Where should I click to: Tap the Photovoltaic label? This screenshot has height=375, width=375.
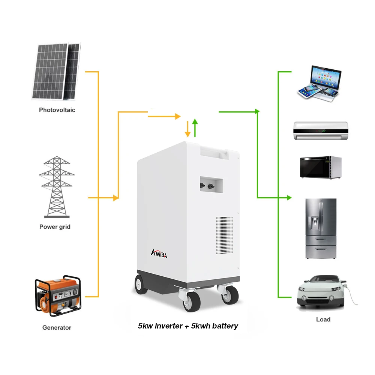tap(57, 110)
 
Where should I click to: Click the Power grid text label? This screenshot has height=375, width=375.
tap(55, 226)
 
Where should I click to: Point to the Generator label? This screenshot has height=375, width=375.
tap(57, 327)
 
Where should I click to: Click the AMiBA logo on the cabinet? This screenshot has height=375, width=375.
tap(159, 254)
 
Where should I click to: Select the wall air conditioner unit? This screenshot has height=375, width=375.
tap(321, 130)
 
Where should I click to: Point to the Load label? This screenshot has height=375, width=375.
tap(323, 319)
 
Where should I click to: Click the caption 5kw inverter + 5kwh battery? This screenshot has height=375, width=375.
tap(188, 325)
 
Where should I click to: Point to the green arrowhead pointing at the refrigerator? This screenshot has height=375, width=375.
tap(289, 197)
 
